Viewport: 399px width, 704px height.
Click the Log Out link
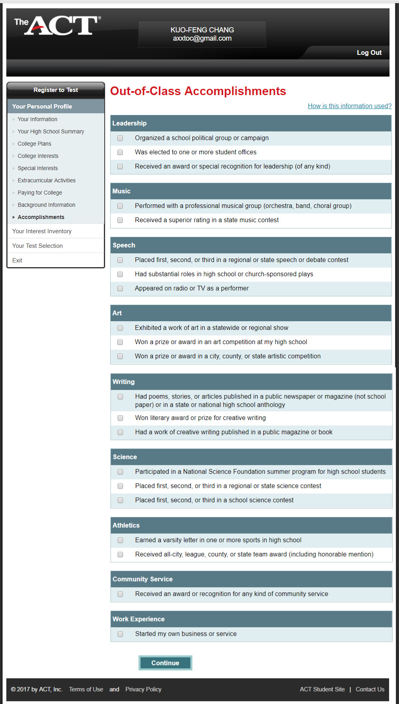369,52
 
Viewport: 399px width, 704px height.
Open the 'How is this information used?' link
350,106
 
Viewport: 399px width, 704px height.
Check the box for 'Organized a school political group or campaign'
120,138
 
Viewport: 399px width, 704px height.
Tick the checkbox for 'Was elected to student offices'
120,152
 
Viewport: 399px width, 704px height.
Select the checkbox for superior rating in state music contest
120,220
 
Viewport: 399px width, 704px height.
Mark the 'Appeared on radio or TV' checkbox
120,288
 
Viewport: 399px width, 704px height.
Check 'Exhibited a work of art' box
120,328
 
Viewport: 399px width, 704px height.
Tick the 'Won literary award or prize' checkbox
120,418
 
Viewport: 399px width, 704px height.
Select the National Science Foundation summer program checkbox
120,472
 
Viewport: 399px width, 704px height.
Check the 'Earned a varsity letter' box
120,540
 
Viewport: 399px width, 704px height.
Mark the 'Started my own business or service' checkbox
120,634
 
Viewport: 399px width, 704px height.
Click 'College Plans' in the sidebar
34,144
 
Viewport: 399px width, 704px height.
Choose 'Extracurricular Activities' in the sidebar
47,180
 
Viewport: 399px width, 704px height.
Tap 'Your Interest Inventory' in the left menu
42,231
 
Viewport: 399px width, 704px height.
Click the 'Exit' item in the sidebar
17,260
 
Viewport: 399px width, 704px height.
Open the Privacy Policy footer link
143,689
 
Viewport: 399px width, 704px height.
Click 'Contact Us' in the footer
370,689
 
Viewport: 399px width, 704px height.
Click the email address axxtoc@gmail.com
202,38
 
